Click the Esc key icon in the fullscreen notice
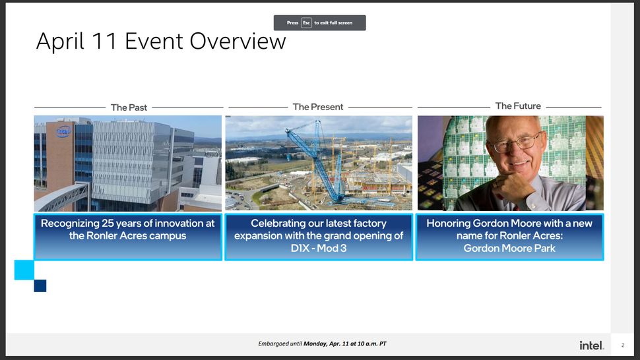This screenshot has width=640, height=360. [306, 23]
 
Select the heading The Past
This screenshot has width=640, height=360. [129, 107]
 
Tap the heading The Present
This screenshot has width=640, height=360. [318, 107]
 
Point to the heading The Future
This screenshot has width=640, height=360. [518, 105]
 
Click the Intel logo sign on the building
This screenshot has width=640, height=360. [64, 131]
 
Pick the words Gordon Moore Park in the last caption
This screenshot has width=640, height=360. [509, 249]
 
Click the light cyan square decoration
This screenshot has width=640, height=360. [24, 270]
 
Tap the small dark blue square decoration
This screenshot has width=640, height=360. [40, 285]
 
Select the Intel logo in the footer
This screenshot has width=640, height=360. [591, 345]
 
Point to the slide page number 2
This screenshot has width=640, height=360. [622, 345]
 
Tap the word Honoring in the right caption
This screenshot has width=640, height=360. [449, 224]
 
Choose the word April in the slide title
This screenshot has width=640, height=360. [61, 42]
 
